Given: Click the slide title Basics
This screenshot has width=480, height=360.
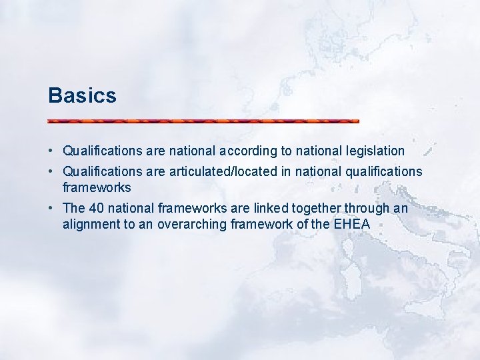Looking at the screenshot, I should pyautogui.click(x=82, y=95).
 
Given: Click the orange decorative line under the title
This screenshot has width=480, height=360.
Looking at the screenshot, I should pyautogui.click(x=203, y=121).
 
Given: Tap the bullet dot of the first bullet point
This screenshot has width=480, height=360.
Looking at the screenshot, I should pyautogui.click(x=51, y=151).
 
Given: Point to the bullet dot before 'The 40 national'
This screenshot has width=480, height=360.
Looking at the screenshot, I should pyautogui.click(x=51, y=209).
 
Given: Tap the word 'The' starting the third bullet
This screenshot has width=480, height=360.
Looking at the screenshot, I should pyautogui.click(x=73, y=209).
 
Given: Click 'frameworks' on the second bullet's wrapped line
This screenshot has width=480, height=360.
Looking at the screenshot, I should pyautogui.click(x=97, y=187).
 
